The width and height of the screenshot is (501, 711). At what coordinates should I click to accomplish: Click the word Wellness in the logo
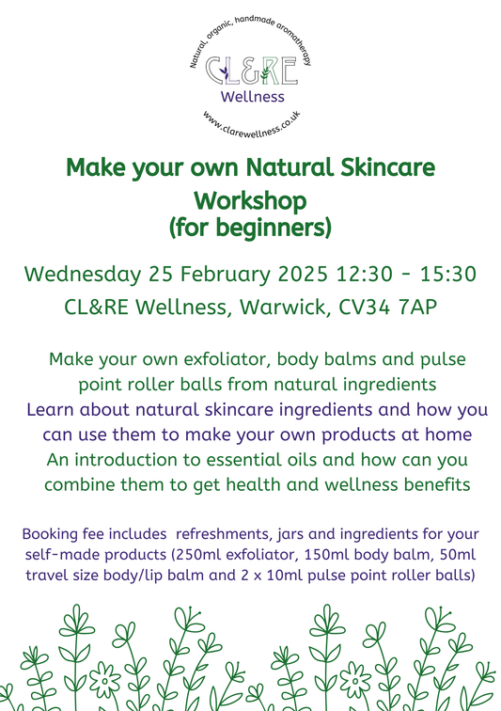click(x=251, y=97)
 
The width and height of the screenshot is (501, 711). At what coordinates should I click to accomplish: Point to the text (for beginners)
click(x=250, y=227)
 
